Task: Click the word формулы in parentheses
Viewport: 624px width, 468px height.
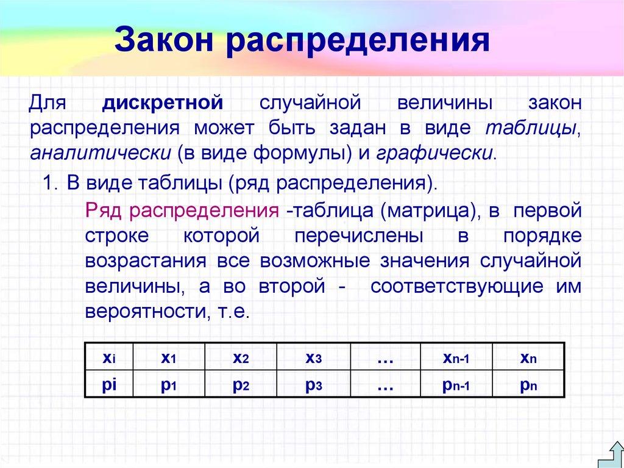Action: click(x=305, y=152)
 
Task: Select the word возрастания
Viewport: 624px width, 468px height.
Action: click(x=146, y=261)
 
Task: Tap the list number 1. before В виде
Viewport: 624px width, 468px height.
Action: click(x=50, y=184)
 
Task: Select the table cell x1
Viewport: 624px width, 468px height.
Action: click(x=169, y=358)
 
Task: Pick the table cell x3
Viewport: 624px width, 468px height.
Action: click(x=313, y=358)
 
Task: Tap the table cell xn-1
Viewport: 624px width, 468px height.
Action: click(x=456, y=358)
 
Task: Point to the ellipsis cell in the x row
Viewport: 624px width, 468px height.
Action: click(x=385, y=358)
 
